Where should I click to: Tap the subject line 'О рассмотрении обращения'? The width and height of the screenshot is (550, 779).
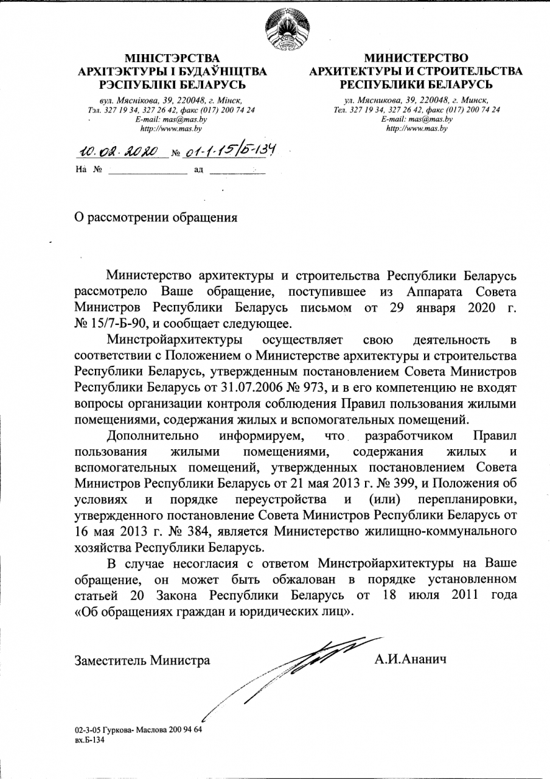pos(155,217)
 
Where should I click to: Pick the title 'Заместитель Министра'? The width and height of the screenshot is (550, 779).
pos(142,660)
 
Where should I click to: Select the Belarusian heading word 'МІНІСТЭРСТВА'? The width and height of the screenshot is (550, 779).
pos(171,58)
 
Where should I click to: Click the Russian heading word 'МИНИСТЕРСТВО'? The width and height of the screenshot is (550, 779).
pos(416,58)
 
